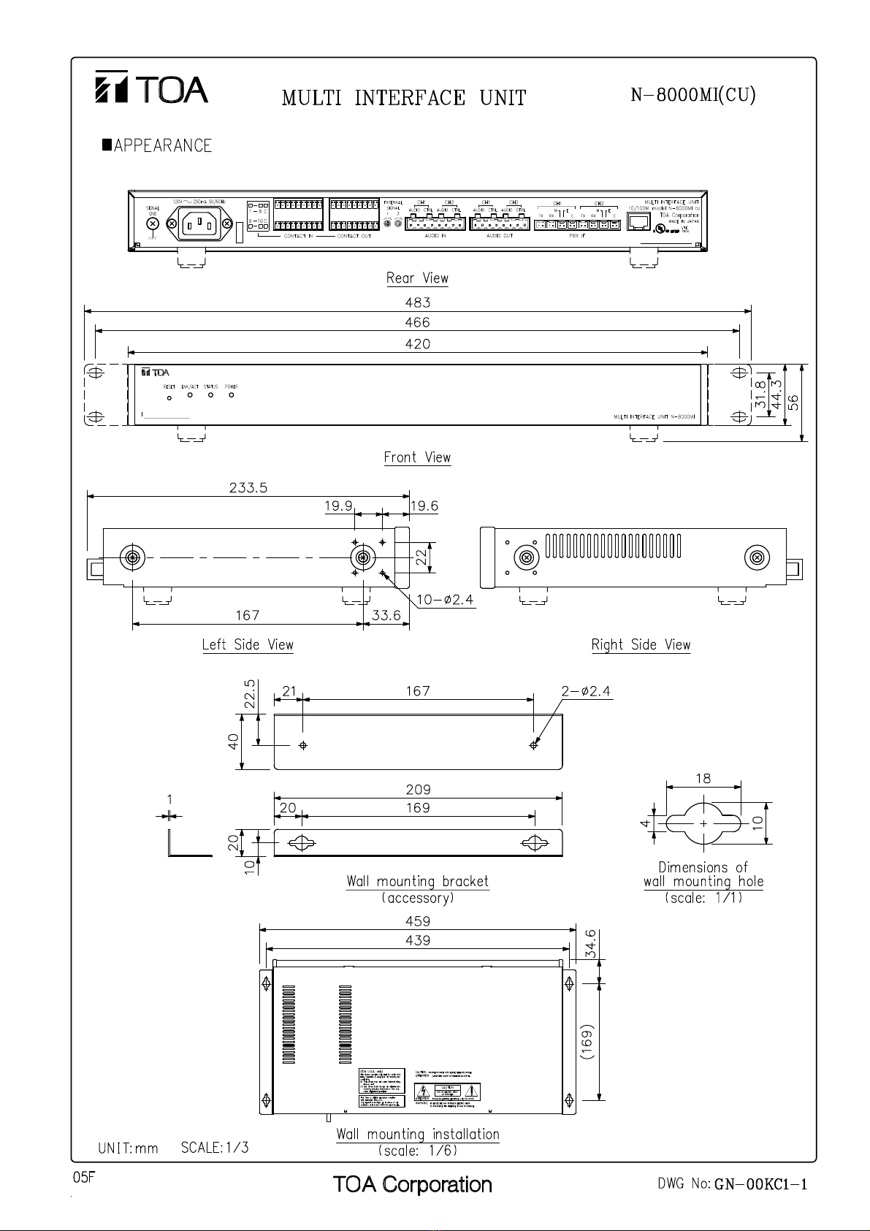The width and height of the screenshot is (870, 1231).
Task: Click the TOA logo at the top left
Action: [152, 88]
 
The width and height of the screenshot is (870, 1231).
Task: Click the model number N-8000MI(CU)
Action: [692, 96]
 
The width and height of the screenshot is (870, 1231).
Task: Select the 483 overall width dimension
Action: [418, 302]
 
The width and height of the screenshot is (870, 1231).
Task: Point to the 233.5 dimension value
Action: [248, 487]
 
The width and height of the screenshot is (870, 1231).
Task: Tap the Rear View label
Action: [417, 278]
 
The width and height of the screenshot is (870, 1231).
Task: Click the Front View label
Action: [417, 457]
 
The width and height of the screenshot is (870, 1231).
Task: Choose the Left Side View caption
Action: [248, 645]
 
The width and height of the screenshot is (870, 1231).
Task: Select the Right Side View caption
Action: [641, 645]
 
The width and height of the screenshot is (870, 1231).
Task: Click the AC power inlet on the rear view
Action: [199, 224]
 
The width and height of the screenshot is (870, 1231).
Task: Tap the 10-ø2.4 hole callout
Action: [445, 600]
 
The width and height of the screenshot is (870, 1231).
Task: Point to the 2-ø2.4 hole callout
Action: [587, 691]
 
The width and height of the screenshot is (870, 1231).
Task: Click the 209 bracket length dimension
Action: [418, 790]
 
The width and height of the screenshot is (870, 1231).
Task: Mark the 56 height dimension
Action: [793, 402]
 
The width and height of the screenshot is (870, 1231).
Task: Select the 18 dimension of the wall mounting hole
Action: [703, 779]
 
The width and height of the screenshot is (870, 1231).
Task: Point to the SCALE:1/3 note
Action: [215, 1148]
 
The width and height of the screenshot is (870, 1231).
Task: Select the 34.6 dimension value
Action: [591, 943]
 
